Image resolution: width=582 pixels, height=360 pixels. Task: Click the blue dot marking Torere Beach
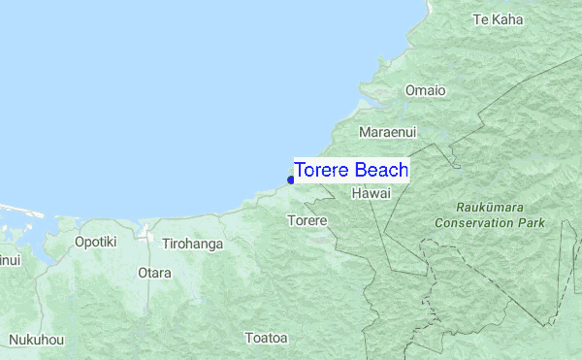[x=291, y=180]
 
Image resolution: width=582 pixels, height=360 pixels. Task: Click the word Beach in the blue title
[x=381, y=171]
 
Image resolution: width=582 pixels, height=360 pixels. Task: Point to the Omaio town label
[x=425, y=90]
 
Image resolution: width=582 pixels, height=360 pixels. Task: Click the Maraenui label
[x=386, y=131]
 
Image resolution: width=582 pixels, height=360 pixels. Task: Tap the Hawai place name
[x=372, y=194]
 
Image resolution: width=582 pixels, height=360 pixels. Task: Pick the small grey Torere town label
[x=307, y=221]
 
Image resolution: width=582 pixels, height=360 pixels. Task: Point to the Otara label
[x=154, y=273]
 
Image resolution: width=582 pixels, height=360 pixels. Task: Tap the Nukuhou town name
[x=37, y=341]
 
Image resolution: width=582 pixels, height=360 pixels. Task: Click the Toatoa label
[x=266, y=338]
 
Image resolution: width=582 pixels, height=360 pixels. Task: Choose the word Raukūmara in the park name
[x=489, y=208]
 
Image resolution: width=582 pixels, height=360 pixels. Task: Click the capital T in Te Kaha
[x=475, y=19]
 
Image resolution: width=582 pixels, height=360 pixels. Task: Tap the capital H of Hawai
[x=357, y=194]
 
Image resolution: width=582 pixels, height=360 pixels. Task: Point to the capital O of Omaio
[x=409, y=90]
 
